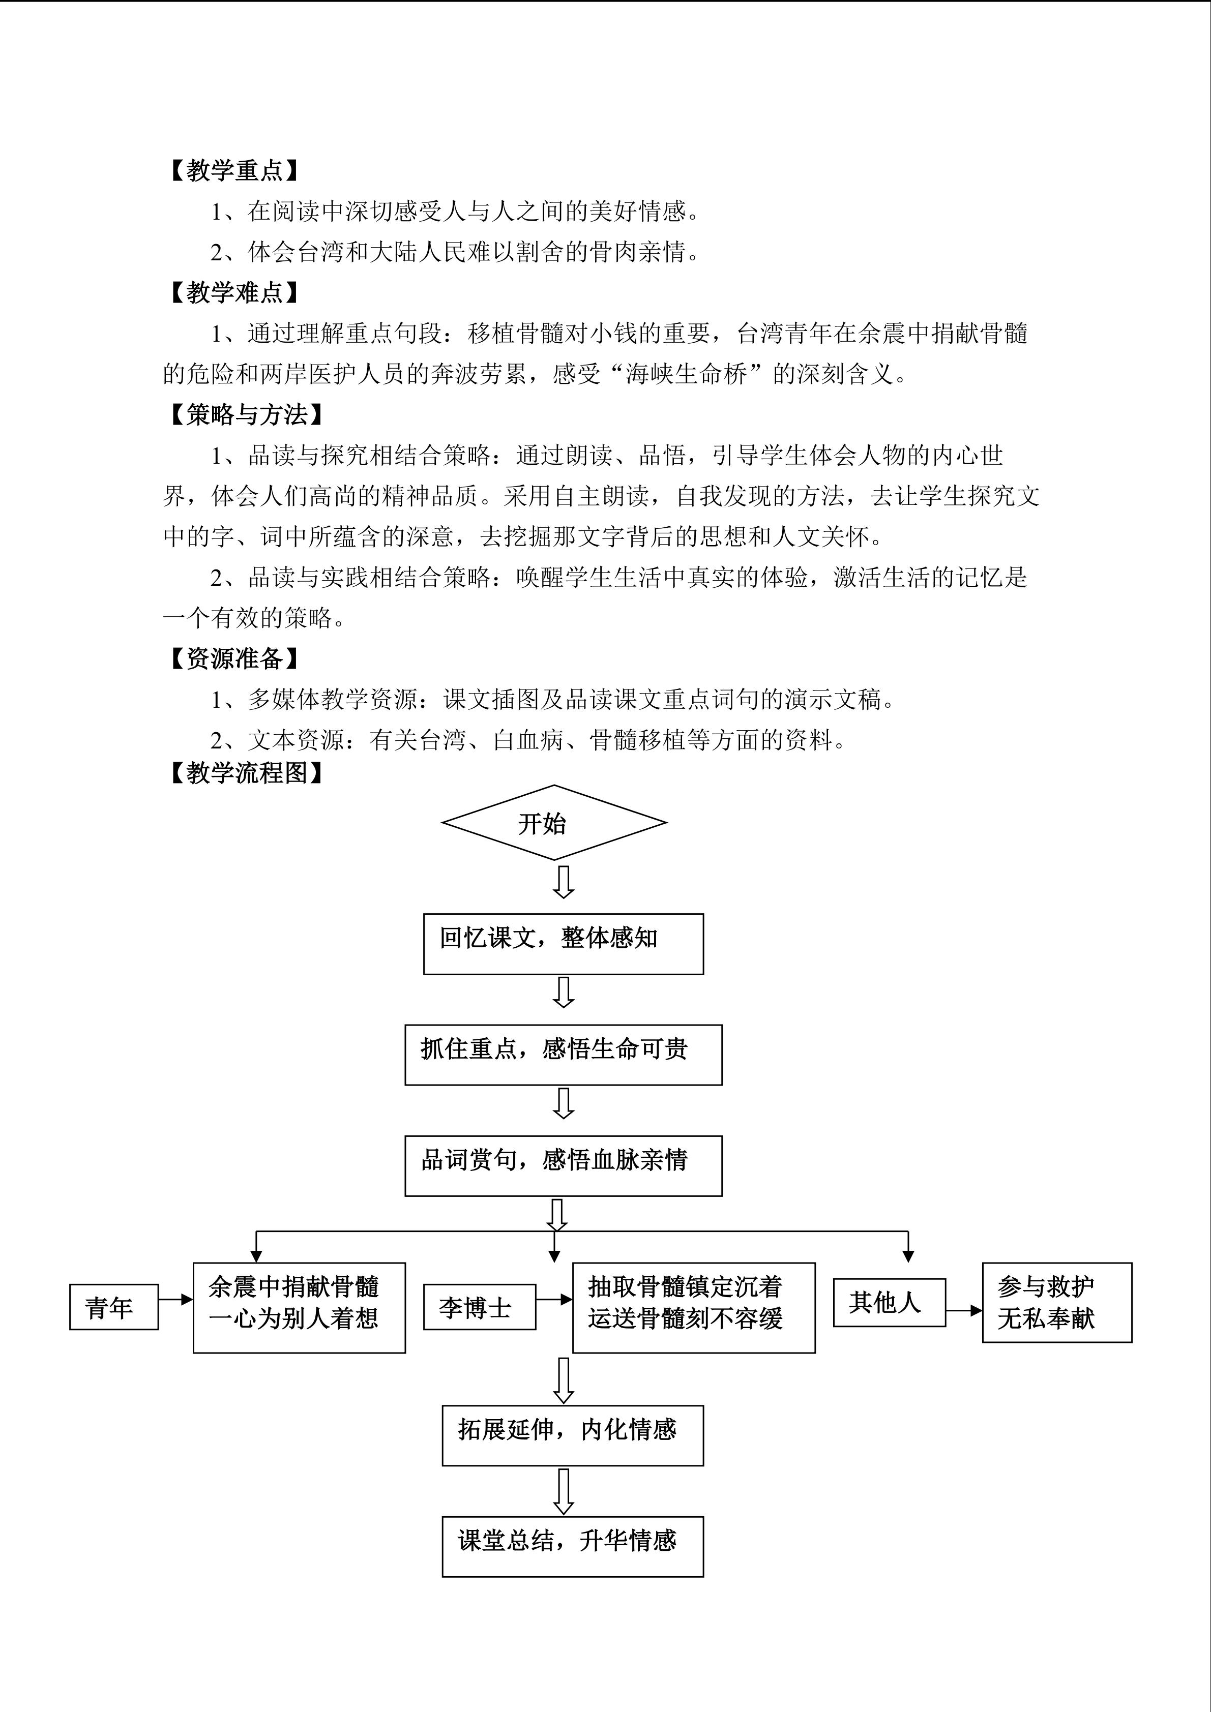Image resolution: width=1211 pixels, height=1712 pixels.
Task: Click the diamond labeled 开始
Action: click(x=554, y=823)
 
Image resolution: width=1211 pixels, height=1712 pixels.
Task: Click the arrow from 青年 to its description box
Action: click(x=176, y=1300)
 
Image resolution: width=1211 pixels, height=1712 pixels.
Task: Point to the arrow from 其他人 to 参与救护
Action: click(x=964, y=1310)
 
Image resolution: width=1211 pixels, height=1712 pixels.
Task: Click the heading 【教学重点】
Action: click(x=234, y=171)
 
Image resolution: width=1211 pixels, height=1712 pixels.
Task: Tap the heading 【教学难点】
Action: click(x=234, y=292)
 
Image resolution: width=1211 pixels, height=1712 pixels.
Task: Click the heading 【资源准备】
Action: click(x=234, y=658)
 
